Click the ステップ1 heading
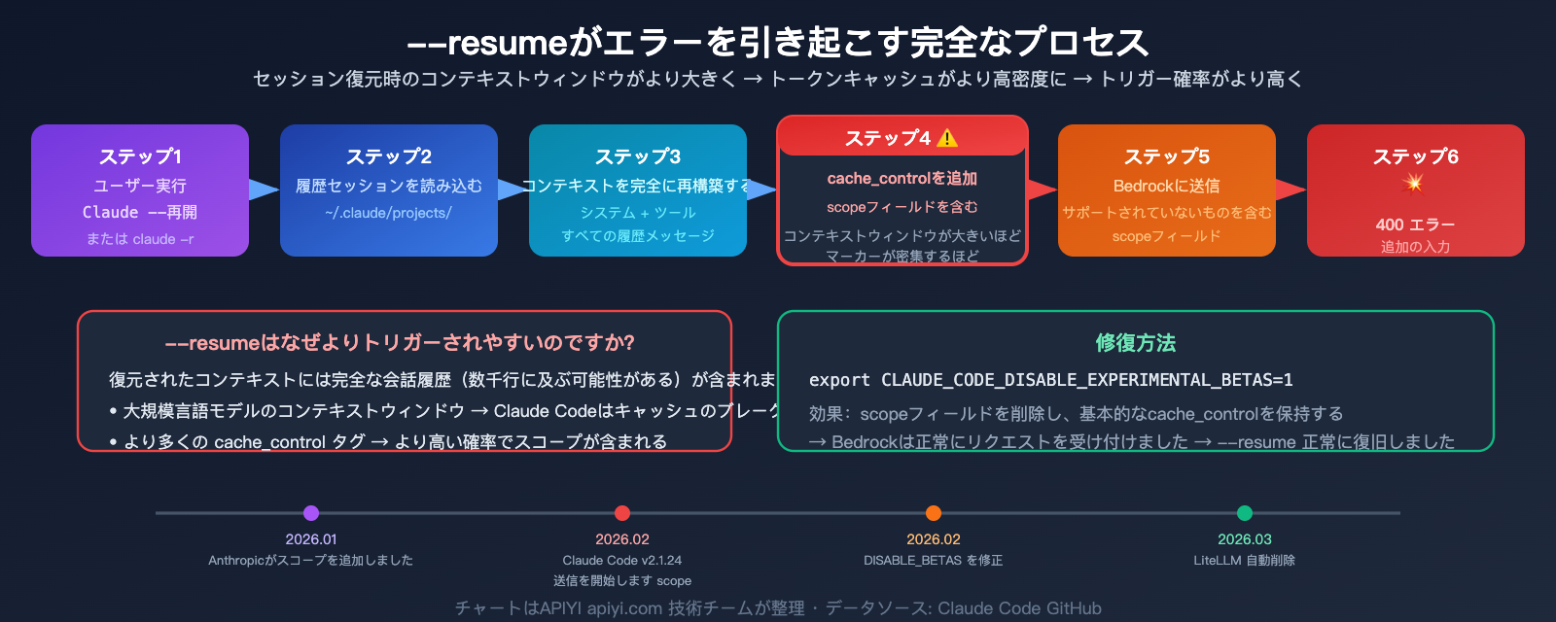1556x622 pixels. (140, 156)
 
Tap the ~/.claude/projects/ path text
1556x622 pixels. (388, 213)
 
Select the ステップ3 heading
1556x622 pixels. (638, 156)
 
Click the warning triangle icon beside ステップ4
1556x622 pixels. (947, 139)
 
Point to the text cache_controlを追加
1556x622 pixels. (902, 179)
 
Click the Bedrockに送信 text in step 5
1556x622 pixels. (1166, 186)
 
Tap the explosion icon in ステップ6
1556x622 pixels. (1414, 184)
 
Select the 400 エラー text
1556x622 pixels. (1415, 225)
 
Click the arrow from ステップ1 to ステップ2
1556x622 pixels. (264, 190)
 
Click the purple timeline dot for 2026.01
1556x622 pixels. (311, 513)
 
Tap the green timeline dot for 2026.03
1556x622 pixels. (1245, 513)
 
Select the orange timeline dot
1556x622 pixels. (934, 513)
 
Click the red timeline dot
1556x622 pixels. (622, 513)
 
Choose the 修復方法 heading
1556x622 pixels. (1135, 343)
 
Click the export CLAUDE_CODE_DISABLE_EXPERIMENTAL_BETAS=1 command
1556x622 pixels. (1050, 380)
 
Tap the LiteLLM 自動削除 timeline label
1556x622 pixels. (1244, 561)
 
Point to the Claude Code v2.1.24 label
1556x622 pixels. (622, 561)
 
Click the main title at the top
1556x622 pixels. (778, 43)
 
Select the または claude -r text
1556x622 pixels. (140, 239)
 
